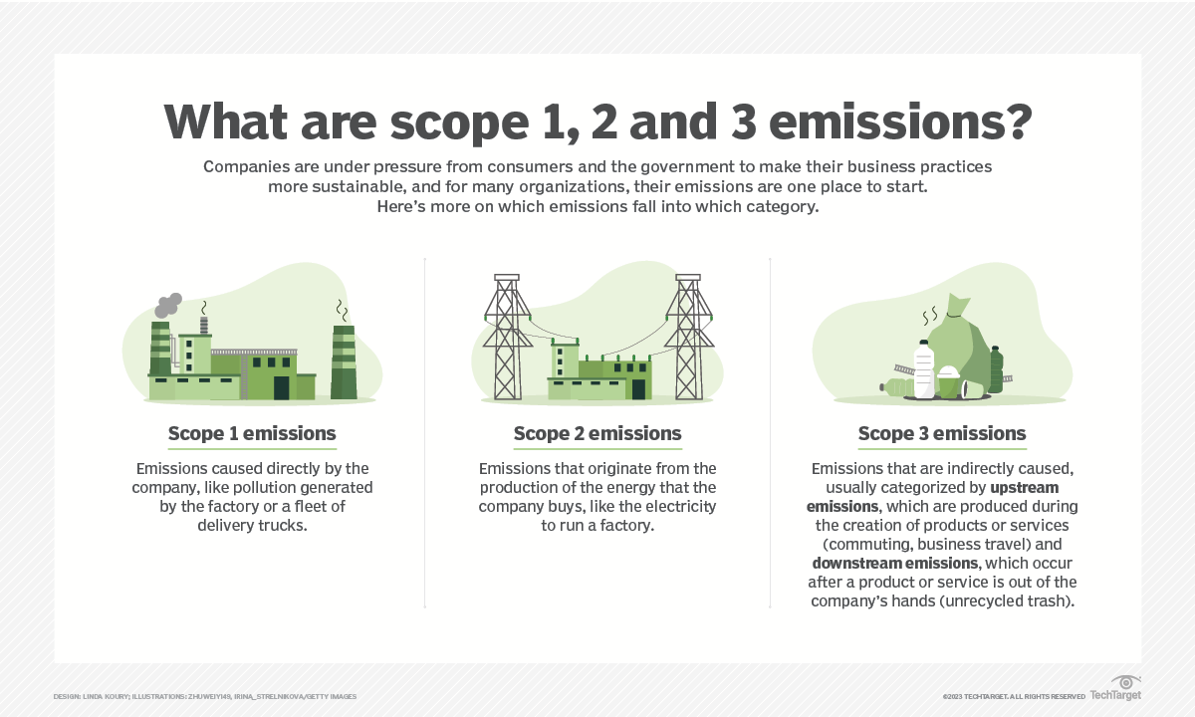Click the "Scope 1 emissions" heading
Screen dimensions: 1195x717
252,433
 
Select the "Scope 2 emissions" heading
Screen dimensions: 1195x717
597,433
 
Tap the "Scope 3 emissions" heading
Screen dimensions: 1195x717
942,433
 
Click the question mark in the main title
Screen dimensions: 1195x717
1018,121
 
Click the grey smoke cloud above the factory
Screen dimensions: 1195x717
168,305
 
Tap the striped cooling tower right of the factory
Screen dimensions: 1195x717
344,361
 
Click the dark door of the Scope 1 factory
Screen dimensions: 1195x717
281,387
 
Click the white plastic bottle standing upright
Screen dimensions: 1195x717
924,369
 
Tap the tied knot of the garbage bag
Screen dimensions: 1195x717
955,316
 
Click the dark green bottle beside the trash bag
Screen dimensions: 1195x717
997,369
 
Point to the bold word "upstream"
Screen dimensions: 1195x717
1025,488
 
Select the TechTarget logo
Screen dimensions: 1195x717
1115,689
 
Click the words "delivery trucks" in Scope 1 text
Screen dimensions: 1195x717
252,526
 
